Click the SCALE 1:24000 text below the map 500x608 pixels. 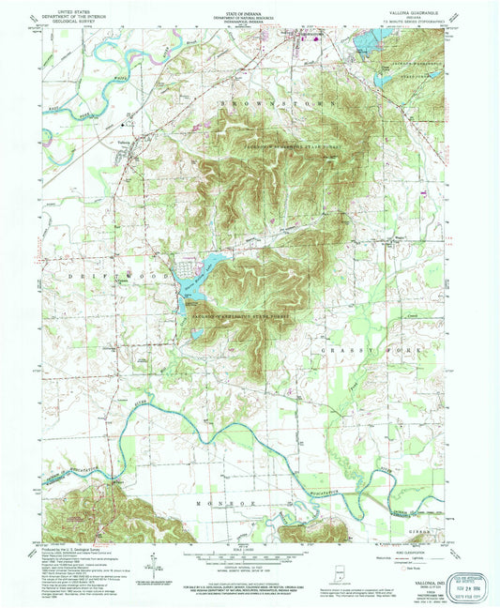coord(250,549)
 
